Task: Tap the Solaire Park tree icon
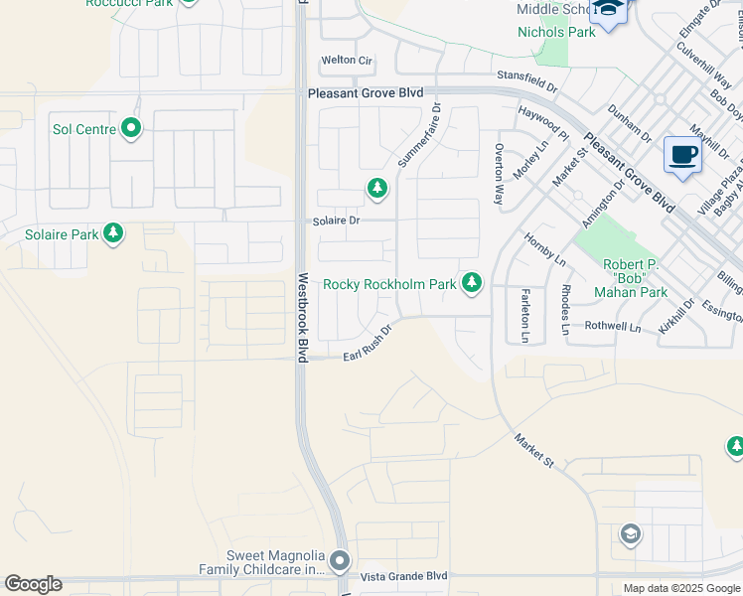114,233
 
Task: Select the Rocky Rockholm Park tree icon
472,284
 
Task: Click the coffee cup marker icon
682,156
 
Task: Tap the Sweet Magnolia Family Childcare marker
340,562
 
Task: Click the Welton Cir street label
347,61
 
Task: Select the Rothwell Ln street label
613,326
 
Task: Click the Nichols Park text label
556,32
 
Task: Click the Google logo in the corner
33,584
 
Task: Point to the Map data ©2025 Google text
681,588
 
